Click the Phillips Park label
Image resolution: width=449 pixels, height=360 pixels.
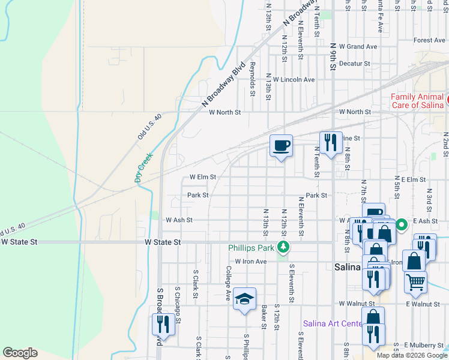click(x=251, y=248)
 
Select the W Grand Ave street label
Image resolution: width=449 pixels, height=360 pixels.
click(x=358, y=46)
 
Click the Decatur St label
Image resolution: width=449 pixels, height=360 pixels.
click(x=354, y=63)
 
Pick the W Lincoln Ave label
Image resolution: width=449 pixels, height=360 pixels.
click(x=294, y=79)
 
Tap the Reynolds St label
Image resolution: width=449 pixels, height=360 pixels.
click(x=253, y=79)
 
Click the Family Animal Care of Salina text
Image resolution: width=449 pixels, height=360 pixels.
click(x=417, y=101)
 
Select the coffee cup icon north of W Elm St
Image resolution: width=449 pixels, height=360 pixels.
click(x=281, y=146)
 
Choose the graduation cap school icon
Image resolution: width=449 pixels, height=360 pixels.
click(x=244, y=299)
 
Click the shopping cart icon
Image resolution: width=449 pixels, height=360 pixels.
click(x=415, y=282)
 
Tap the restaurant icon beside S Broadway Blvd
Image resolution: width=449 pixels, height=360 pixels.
click(x=163, y=325)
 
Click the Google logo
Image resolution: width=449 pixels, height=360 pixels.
click(x=20, y=353)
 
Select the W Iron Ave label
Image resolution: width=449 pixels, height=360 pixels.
click(x=250, y=262)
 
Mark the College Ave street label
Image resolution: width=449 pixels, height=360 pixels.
click(x=228, y=283)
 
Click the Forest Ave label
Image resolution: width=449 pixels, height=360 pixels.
click(x=429, y=41)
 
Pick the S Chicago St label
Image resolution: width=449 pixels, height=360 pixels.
click(x=178, y=296)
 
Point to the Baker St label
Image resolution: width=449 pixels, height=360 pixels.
click(x=264, y=317)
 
